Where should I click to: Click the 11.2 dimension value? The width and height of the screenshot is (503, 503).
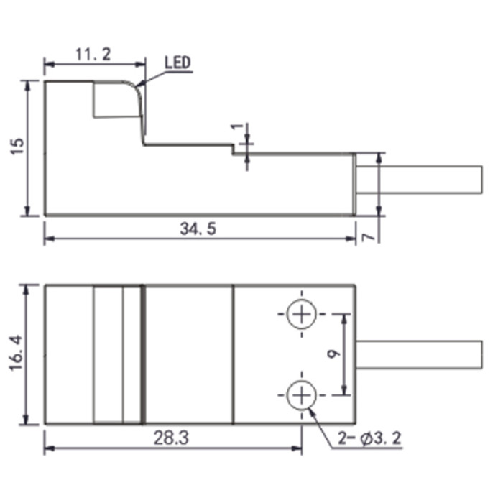(x=93, y=54)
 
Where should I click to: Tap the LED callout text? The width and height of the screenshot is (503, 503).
(x=177, y=63)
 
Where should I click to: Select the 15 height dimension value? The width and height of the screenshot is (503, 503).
(x=18, y=147)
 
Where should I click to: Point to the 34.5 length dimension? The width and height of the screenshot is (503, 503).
(x=198, y=229)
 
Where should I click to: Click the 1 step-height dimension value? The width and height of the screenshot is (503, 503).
(x=238, y=126)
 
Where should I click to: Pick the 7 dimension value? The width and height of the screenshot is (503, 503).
(x=369, y=237)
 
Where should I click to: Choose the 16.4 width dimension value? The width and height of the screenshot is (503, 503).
(x=17, y=354)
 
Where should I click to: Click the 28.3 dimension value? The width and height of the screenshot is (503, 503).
(x=171, y=438)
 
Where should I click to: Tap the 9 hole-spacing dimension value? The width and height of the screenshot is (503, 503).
(x=334, y=354)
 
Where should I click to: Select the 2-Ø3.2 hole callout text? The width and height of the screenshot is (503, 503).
(x=369, y=438)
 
